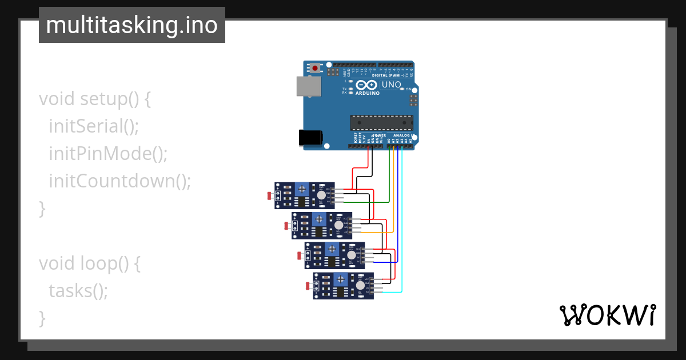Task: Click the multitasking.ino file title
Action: pyautogui.click(x=131, y=25)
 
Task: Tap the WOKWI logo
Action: pyautogui.click(x=607, y=315)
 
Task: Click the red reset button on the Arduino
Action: pyautogui.click(x=314, y=68)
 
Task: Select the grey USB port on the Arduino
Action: pyautogui.click(x=308, y=86)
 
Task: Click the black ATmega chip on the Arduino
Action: pyautogui.click(x=381, y=122)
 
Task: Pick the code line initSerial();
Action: pyautogui.click(x=94, y=126)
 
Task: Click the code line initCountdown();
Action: pyautogui.click(x=119, y=181)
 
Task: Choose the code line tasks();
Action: pyautogui.click(x=78, y=290)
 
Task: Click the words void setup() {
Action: pyautogui.click(x=95, y=98)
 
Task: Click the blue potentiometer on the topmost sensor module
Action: pyautogui.click(x=301, y=189)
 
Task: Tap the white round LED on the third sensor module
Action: pyautogui.click(x=349, y=255)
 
